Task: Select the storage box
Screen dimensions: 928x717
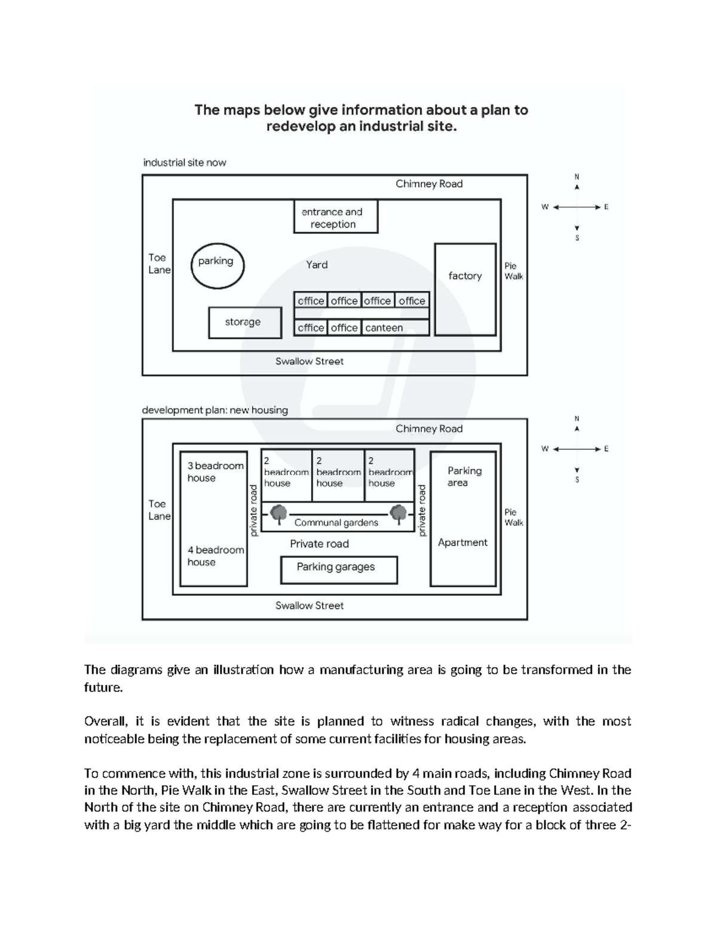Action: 244,323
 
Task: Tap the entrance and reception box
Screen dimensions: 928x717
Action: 336,218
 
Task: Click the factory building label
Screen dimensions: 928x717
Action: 465,275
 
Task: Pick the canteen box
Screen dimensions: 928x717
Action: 394,327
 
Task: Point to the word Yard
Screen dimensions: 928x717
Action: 317,264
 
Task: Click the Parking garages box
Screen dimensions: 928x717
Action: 339,569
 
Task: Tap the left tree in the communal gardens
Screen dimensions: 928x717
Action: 278,513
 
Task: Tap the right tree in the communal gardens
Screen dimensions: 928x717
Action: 399,513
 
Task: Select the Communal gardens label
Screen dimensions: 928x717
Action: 336,523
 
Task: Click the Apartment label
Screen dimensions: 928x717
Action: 462,543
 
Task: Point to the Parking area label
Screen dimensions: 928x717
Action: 464,476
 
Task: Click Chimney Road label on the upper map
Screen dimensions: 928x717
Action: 429,184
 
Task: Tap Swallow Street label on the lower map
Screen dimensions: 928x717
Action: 310,605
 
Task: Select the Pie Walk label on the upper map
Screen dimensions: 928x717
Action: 513,271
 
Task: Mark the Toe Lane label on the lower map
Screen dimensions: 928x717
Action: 159,510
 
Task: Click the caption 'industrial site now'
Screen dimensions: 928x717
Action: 185,163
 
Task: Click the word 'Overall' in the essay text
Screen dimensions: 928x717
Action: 104,721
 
